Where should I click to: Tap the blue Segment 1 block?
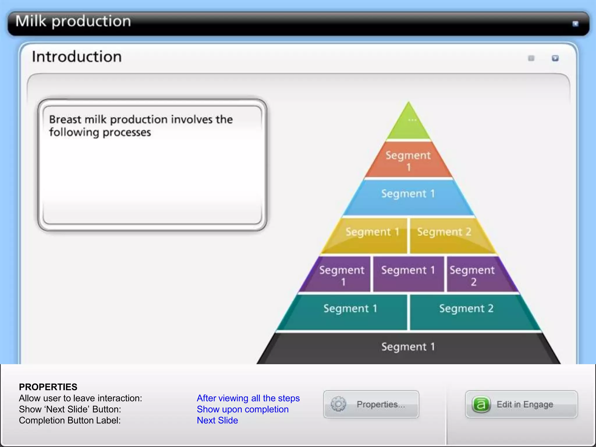click(408, 197)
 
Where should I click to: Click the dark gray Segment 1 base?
click(408, 348)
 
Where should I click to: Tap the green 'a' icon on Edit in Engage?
click(481, 404)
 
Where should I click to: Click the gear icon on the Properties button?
click(338, 404)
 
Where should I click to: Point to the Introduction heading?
click(77, 56)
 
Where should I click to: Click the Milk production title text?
click(73, 22)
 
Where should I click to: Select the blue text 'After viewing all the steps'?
click(248, 398)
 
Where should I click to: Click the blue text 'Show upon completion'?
click(242, 409)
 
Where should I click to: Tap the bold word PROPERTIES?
click(48, 387)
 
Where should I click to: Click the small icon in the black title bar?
click(575, 24)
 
